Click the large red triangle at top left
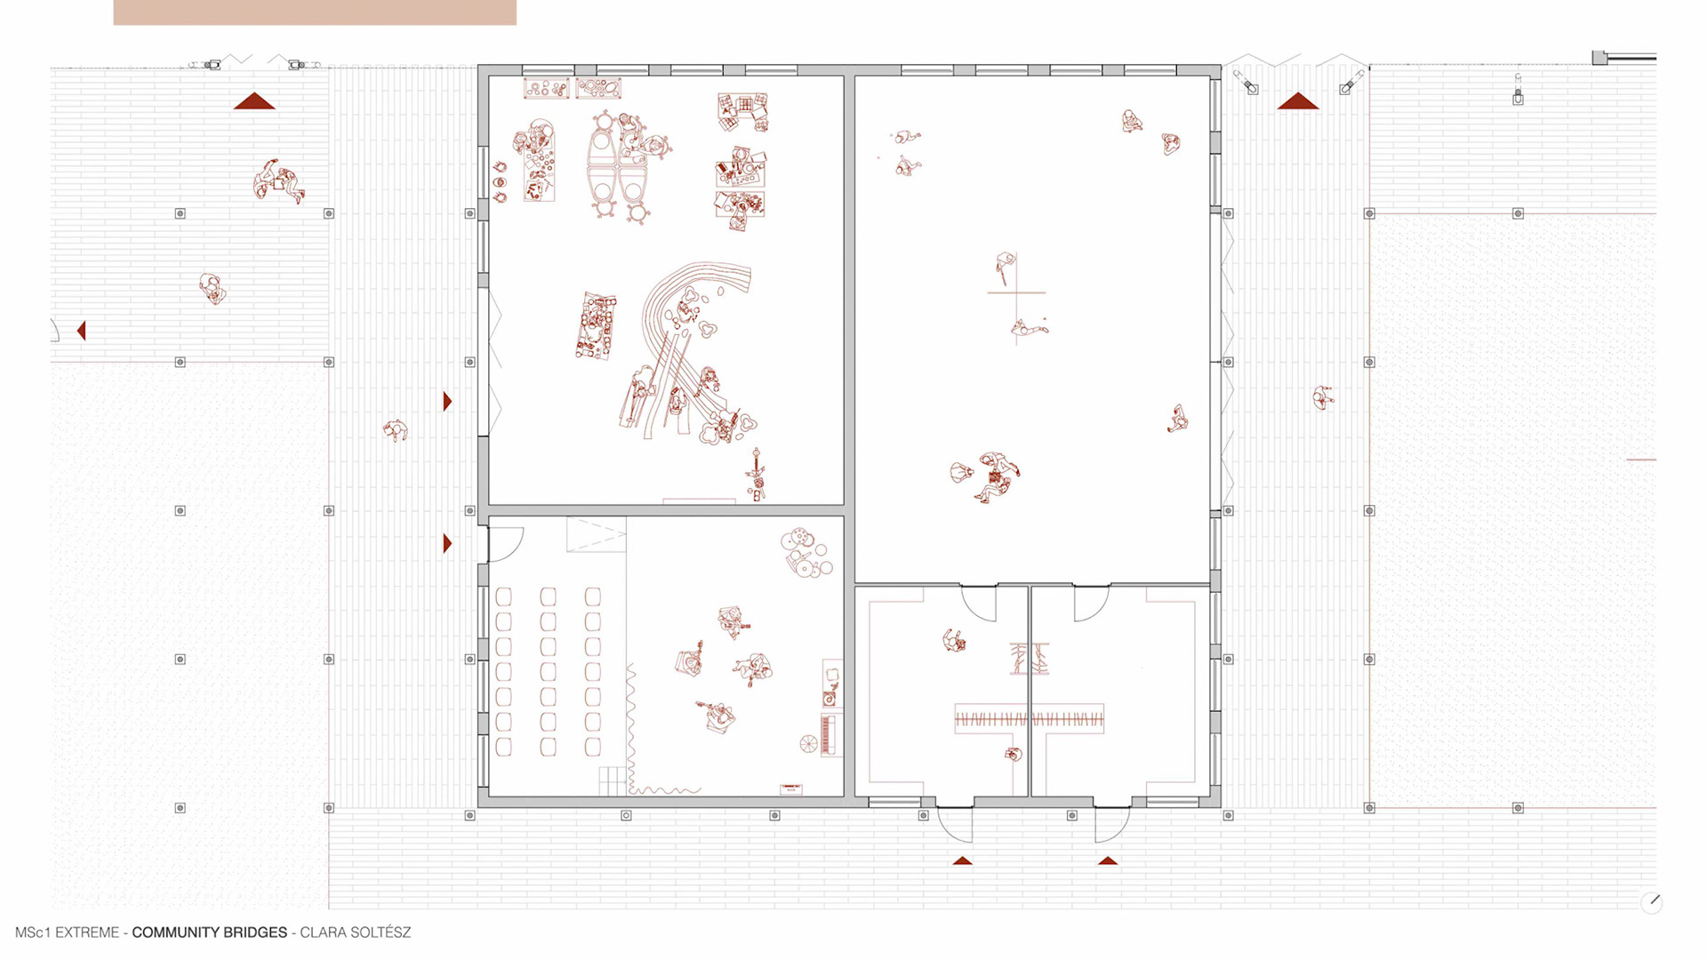point(254,101)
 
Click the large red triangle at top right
point(1297,101)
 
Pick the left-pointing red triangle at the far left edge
point(82,331)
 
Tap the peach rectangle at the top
point(315,12)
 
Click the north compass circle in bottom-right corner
point(1652,902)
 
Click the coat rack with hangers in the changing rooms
point(1029,718)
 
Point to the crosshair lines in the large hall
point(1016,292)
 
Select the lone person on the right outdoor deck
point(1323,397)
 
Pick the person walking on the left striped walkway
point(395,431)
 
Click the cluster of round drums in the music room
point(806,552)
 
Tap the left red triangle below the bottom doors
point(962,860)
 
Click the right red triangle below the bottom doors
point(1107,860)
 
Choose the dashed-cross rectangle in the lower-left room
point(596,535)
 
